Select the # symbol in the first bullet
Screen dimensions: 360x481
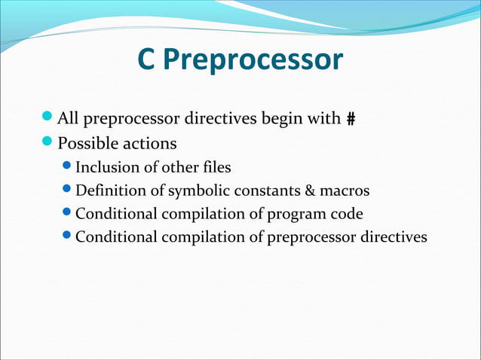[x=351, y=119]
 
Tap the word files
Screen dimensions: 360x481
[x=215, y=167]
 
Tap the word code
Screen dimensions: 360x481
[x=347, y=214]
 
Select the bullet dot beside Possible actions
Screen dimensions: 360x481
[x=48, y=142]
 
